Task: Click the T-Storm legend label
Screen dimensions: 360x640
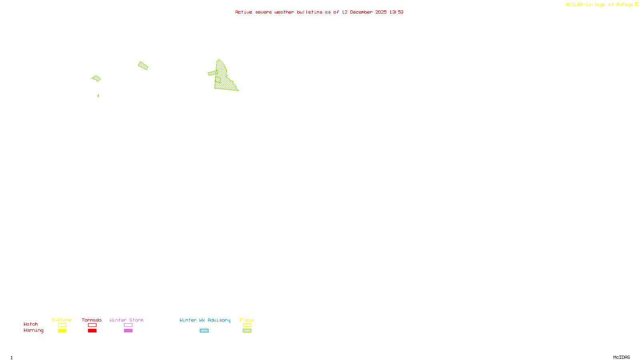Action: [x=62, y=320]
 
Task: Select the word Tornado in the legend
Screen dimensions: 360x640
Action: [x=92, y=320]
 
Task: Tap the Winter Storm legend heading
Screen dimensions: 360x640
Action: [x=126, y=320]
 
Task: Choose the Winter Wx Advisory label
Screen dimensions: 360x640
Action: [x=205, y=320]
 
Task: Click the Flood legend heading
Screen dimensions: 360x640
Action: [x=247, y=320]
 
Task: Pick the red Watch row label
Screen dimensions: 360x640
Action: [x=31, y=324]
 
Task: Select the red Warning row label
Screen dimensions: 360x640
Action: [x=34, y=330]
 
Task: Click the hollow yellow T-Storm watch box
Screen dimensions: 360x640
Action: [x=62, y=325]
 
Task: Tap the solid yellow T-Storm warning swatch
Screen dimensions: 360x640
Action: [x=62, y=331]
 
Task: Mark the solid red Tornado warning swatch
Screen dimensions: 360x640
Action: [x=92, y=331]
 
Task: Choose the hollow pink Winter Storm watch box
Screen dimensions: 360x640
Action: [x=128, y=325]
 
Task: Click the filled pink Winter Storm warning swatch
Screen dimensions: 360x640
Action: [x=128, y=331]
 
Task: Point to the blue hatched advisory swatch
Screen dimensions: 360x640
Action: [x=204, y=331]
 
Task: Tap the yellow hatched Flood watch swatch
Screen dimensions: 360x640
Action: [x=247, y=325]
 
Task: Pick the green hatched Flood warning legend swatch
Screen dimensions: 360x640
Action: [x=247, y=331]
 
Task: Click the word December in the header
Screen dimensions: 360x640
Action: [x=361, y=12]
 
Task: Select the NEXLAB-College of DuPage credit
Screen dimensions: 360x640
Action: [x=600, y=4]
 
